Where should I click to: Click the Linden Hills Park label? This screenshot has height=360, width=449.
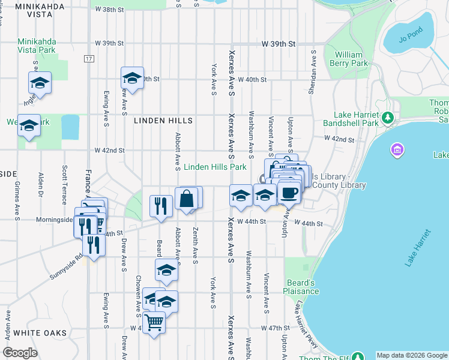(215, 167)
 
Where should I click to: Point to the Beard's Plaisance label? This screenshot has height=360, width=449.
(301, 287)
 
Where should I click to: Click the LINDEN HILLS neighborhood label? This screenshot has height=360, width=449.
(163, 121)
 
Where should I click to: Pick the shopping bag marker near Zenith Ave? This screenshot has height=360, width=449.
(187, 199)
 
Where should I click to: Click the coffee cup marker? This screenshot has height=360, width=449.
(289, 193)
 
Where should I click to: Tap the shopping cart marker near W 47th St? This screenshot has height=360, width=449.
(154, 323)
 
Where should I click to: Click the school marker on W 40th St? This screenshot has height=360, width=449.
(132, 77)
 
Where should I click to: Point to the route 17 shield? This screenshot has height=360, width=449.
(89, 58)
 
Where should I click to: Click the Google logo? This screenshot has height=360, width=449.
(20, 353)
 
